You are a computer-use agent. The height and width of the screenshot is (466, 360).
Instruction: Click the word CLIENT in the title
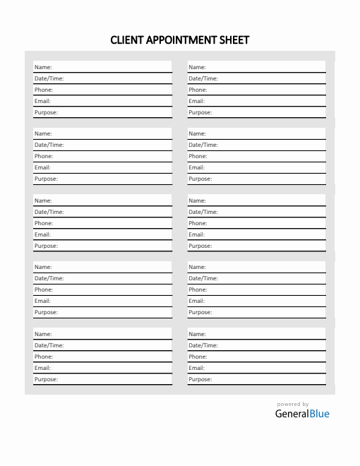pyautogui.click(x=126, y=40)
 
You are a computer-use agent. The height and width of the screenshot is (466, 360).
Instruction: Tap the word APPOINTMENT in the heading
pyautogui.click(x=183, y=40)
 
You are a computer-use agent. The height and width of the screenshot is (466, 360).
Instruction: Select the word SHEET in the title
pyautogui.click(x=236, y=40)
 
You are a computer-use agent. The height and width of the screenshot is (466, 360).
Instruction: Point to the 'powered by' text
pyautogui.click(x=293, y=405)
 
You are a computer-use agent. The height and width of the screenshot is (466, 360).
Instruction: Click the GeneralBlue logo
pyautogui.click(x=302, y=414)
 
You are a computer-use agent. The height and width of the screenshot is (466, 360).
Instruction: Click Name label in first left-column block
pyautogui.click(x=43, y=67)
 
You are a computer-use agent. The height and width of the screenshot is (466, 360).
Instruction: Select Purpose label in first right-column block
pyautogui.click(x=200, y=112)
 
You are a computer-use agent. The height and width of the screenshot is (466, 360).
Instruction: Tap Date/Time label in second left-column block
pyautogui.click(x=49, y=145)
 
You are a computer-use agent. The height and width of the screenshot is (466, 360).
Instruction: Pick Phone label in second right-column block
pyautogui.click(x=198, y=156)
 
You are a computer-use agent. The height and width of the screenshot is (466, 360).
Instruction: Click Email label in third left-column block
pyautogui.click(x=42, y=234)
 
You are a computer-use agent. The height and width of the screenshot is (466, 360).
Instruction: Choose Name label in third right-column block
pyautogui.click(x=197, y=201)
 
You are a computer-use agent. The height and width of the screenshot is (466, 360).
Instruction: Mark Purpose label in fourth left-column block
pyautogui.click(x=47, y=312)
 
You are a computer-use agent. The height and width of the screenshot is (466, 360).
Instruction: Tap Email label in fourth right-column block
pyautogui.click(x=196, y=301)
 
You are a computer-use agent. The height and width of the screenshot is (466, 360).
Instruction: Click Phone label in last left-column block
pyautogui.click(x=44, y=357)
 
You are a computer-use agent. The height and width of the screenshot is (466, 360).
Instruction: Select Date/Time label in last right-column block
pyautogui.click(x=203, y=345)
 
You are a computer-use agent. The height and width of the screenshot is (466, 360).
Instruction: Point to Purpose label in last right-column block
pyautogui.click(x=200, y=379)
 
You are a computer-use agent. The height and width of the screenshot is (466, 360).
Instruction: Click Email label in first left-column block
pyautogui.click(x=42, y=101)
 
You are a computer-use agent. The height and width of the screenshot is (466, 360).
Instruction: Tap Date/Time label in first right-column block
pyautogui.click(x=203, y=78)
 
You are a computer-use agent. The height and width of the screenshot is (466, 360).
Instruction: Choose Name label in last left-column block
pyautogui.click(x=43, y=334)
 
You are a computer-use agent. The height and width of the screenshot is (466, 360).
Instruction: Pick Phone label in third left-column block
pyautogui.click(x=44, y=223)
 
